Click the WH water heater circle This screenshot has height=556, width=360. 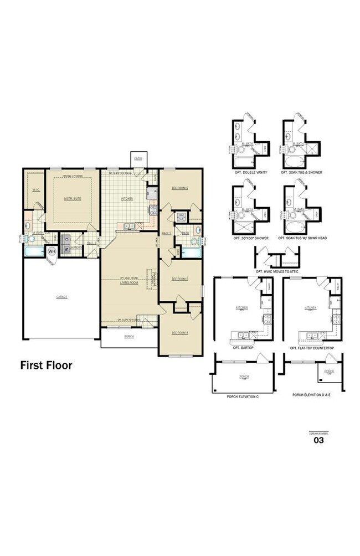(x=52, y=251)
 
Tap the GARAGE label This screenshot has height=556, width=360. (x=61, y=297)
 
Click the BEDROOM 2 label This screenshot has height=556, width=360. (x=180, y=188)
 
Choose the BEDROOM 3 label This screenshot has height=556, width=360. (x=180, y=279)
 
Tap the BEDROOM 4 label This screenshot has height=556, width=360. (x=180, y=332)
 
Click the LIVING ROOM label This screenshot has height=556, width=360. (x=128, y=282)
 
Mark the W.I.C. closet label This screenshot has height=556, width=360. (x=35, y=190)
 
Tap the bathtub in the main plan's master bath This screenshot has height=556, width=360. (x=34, y=252)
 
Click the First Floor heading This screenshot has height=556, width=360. (x=47, y=365)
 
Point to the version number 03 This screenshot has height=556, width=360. (x=318, y=441)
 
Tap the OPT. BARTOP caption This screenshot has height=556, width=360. (x=243, y=348)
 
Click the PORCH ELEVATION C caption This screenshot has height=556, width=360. (x=243, y=397)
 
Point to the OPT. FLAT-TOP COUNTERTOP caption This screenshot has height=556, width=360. (x=312, y=348)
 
